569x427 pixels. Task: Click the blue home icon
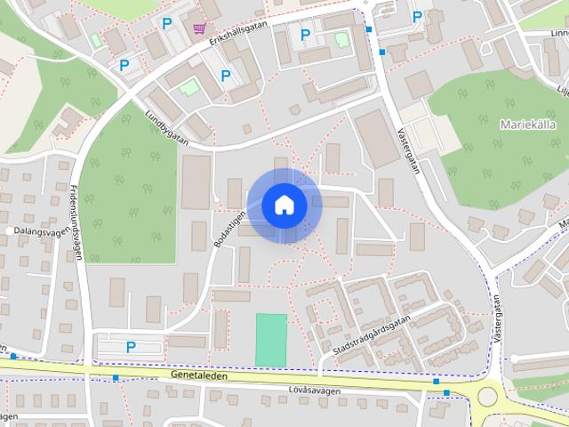(x=284, y=205)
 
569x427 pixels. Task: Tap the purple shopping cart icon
(x=199, y=28)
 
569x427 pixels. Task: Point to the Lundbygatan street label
(x=170, y=127)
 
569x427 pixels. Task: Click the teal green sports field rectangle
(x=271, y=339)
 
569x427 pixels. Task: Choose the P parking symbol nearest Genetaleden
(x=131, y=346)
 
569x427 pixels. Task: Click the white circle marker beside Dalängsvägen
(x=9, y=231)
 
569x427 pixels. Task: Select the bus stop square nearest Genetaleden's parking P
(x=116, y=378)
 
